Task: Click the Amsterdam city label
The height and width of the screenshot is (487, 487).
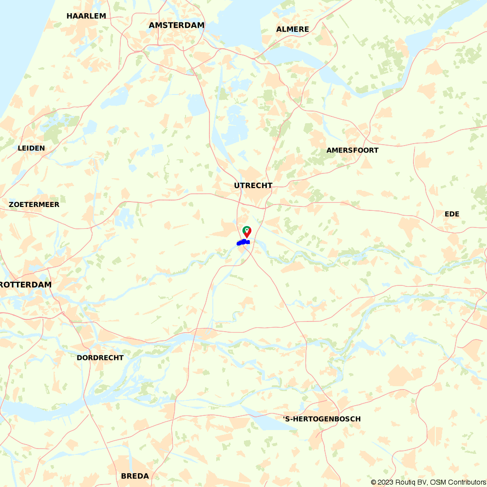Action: (177, 25)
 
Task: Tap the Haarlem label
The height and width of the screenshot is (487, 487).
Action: (86, 16)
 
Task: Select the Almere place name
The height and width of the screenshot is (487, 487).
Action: (293, 29)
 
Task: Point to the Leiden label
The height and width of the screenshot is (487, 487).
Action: (31, 148)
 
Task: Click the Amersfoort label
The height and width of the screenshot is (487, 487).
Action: (352, 150)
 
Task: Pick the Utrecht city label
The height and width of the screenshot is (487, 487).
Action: (253, 186)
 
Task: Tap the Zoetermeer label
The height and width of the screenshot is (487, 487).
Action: (34, 205)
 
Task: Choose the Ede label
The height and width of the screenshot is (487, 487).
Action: (452, 214)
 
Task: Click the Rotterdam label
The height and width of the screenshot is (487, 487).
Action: (25, 284)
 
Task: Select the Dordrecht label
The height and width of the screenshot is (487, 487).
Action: (100, 357)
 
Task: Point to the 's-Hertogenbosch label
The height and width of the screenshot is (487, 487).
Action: (322, 419)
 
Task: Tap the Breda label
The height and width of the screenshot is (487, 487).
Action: (135, 476)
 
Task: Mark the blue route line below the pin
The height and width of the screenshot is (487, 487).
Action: (243, 242)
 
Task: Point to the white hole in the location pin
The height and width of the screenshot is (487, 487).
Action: (247, 229)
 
